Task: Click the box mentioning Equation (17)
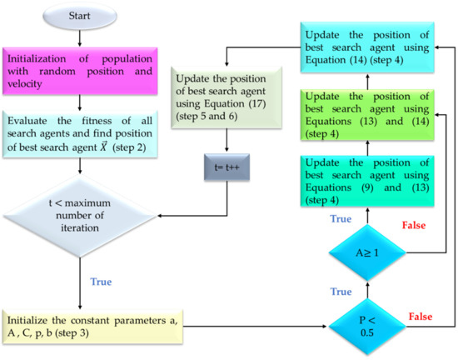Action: (225, 98)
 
